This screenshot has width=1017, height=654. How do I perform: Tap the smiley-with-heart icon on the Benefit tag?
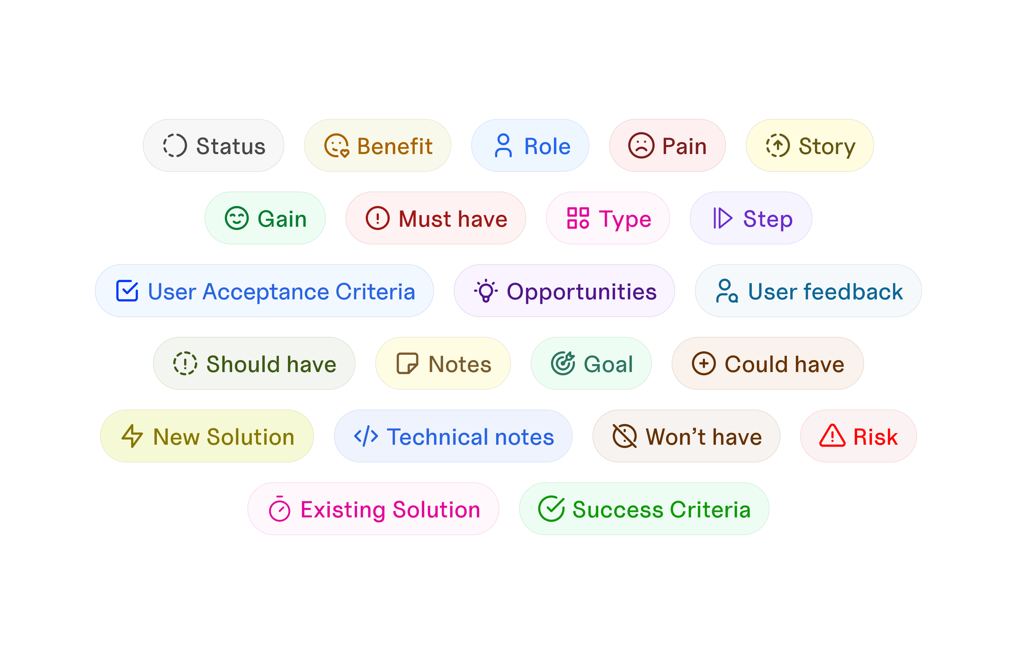(x=336, y=146)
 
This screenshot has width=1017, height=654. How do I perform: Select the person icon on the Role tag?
(x=503, y=145)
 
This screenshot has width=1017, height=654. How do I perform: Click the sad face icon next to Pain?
(x=641, y=146)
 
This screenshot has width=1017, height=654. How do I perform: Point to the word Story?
(x=827, y=147)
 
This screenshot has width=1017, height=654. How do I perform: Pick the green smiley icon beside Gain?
(x=236, y=218)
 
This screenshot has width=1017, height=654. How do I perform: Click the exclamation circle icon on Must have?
(x=377, y=218)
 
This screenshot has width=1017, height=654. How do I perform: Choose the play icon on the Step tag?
(x=722, y=218)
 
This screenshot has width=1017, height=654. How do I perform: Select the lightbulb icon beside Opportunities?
(x=486, y=290)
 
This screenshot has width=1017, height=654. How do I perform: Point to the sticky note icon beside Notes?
(x=407, y=364)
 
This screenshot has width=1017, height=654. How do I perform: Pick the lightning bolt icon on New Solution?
(x=132, y=436)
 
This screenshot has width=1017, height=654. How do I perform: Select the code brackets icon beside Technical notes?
(x=366, y=436)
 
